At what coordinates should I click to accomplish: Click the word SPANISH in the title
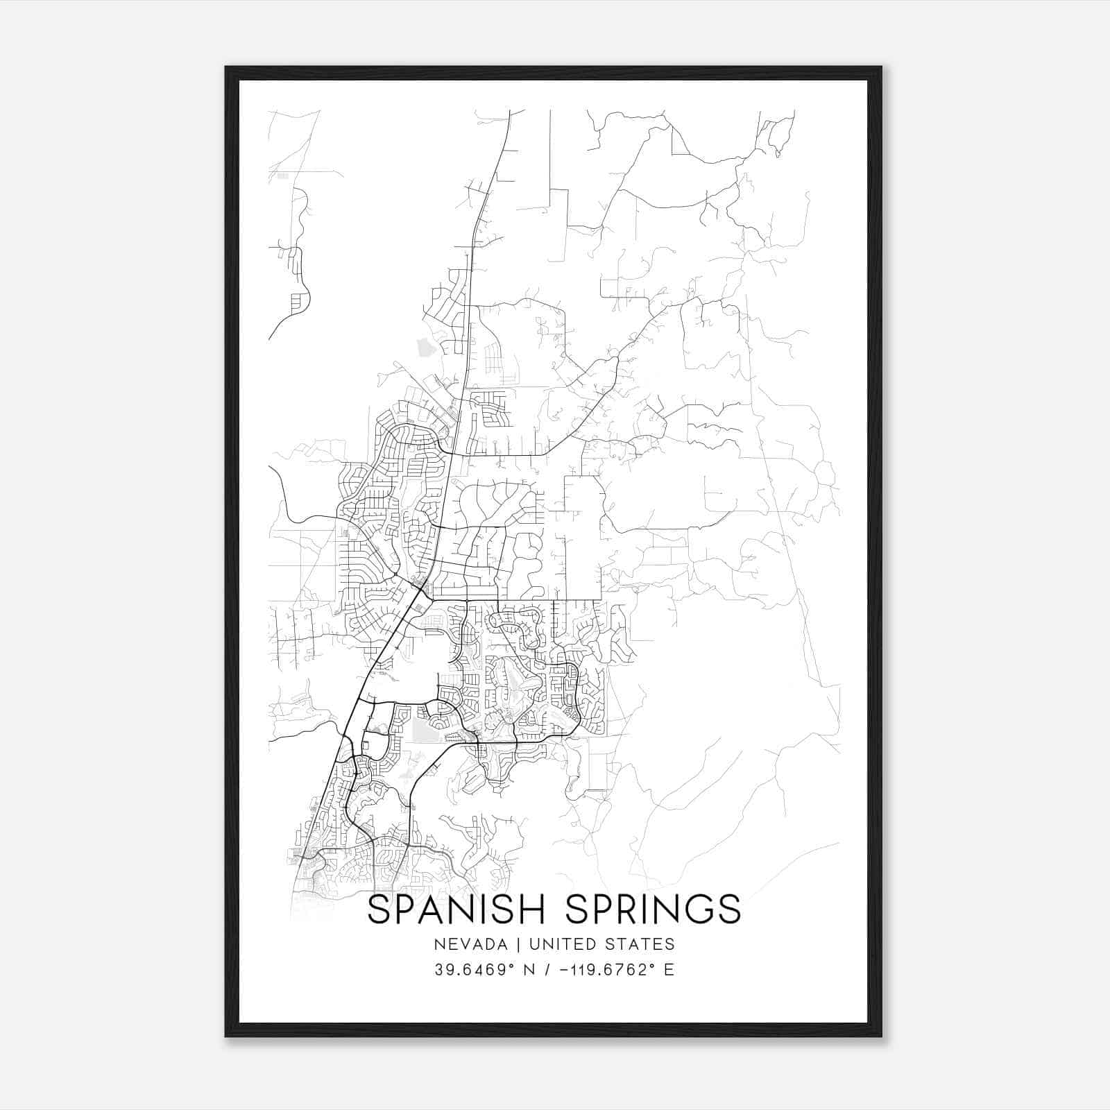(459, 910)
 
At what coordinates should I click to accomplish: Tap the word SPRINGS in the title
(653, 910)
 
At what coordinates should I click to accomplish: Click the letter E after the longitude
(669, 970)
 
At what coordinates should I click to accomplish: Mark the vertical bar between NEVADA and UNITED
(522, 944)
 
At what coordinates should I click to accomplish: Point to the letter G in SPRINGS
(695, 910)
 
